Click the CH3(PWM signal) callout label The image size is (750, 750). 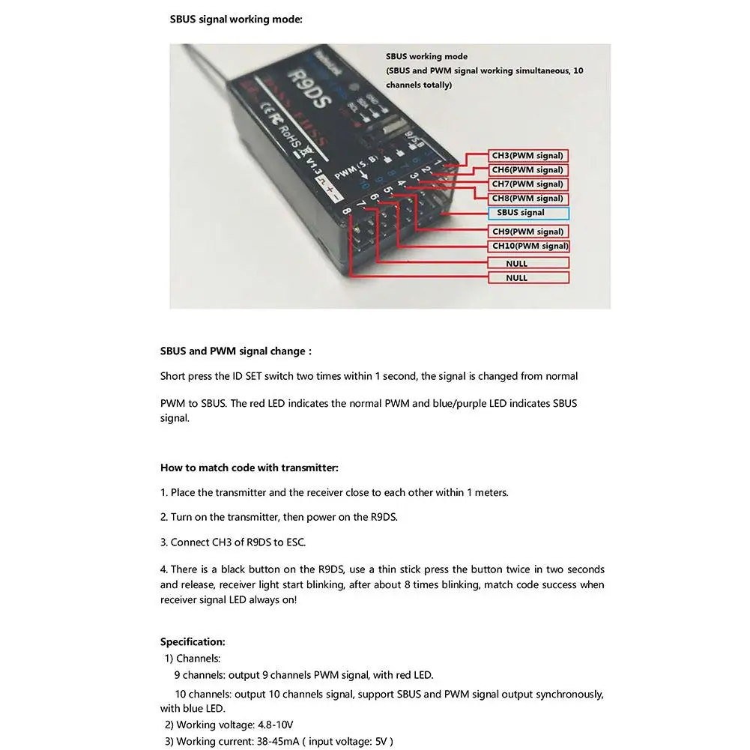click(x=528, y=156)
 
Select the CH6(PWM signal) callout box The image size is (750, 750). click(x=528, y=170)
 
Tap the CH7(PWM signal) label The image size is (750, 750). click(x=528, y=184)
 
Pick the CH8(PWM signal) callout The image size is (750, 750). click(x=528, y=199)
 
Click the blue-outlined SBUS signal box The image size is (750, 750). click(x=528, y=213)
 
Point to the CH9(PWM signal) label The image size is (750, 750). click(x=528, y=232)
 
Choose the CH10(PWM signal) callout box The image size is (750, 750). click(x=530, y=246)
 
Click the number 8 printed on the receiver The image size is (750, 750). click(x=346, y=212)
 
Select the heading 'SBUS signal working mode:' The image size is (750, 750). click(x=236, y=19)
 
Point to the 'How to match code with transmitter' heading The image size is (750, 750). click(x=249, y=468)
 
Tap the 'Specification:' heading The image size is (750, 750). click(x=193, y=641)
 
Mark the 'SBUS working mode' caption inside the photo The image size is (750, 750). click(x=426, y=56)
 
